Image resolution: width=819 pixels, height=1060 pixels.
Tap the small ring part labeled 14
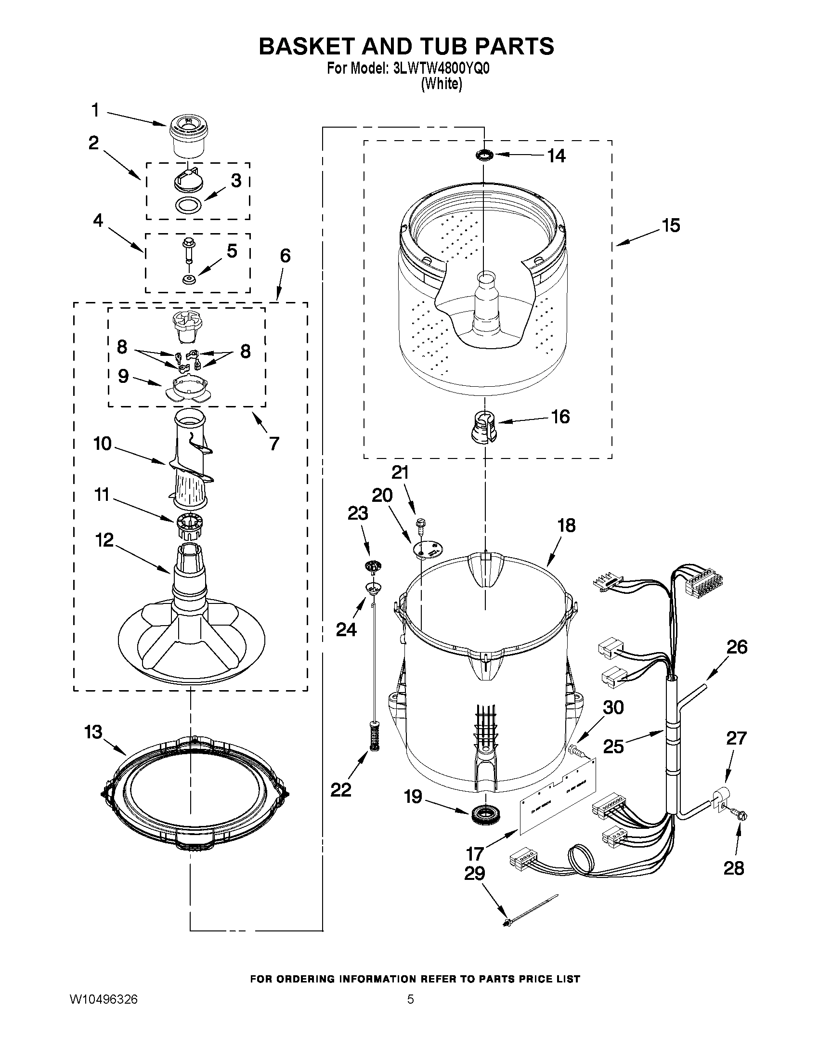[x=484, y=155]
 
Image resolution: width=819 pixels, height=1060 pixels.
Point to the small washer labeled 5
[x=188, y=279]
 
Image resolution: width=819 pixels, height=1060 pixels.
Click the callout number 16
[x=560, y=417]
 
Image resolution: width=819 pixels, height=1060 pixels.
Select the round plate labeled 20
[x=427, y=549]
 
